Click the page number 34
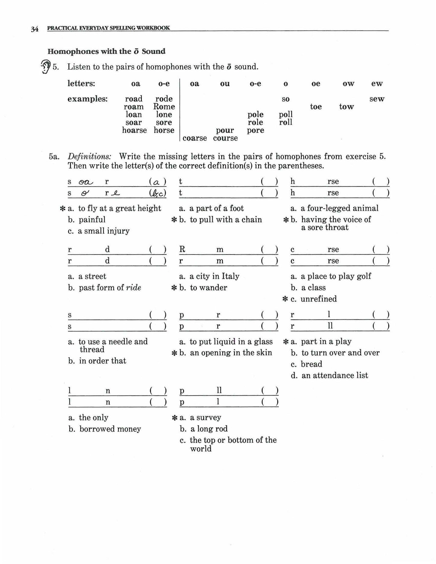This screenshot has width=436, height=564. point(34,29)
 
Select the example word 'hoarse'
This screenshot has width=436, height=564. point(134,130)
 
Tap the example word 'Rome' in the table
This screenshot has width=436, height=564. point(164,106)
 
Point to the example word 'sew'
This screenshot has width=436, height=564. point(377,99)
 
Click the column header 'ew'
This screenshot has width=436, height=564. point(377,84)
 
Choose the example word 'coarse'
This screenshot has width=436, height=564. point(195,138)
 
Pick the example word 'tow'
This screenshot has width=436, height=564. point(346,106)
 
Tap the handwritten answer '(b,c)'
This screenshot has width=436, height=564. point(158,193)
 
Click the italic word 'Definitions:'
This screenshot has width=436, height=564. point(89,157)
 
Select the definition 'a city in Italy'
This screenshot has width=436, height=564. point(214,276)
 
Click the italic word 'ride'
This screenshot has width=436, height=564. point(133,288)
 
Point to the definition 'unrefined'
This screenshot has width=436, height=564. point(318,299)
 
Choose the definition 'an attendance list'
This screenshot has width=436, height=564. point(334,375)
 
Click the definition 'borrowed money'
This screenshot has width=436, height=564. point(110,429)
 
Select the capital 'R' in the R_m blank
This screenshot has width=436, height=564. point(182,249)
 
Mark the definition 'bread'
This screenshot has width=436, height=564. point(311,364)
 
